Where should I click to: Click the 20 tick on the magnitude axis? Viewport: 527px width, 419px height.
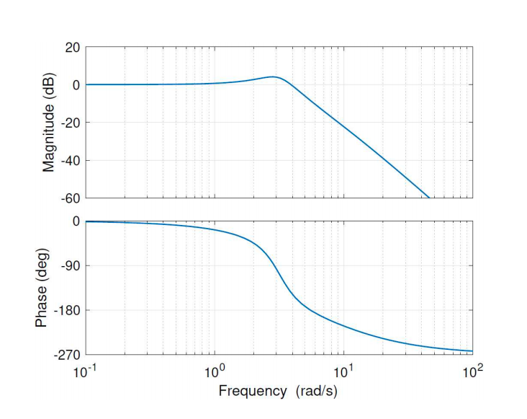pos(71,48)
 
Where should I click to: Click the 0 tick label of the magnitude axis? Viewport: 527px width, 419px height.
pos(75,85)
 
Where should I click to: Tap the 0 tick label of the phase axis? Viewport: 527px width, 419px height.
pos(75,221)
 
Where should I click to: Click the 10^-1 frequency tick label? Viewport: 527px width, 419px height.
pos(85,371)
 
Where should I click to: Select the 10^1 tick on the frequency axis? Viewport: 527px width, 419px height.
pos(343,371)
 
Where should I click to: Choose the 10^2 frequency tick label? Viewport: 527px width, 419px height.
pos(472,371)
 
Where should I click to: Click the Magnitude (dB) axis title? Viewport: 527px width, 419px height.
pos(49,123)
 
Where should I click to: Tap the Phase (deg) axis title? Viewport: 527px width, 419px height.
pos(42,288)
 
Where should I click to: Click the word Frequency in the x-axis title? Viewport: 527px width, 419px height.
pos(252,392)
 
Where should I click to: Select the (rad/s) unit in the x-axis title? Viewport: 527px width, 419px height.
pos(316,392)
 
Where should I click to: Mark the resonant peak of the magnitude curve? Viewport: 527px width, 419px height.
pos(274,76)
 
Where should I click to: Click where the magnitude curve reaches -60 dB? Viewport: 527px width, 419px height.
pos(429,198)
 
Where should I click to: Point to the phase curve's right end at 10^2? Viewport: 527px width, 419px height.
pos(472,351)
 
